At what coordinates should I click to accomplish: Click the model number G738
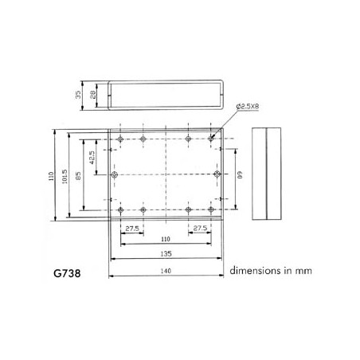coord(67,273)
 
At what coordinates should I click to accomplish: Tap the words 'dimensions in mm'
coord(271,271)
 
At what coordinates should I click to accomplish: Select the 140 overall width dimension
coord(166,271)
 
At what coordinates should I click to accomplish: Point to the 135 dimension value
coord(166,254)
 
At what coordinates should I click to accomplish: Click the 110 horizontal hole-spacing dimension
coord(166,239)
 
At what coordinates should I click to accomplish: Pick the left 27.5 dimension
coord(132,229)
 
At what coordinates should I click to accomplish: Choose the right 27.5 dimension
coord(200,228)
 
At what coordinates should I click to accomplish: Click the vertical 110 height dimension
coord(51,176)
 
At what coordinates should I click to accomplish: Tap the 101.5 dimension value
coord(65,177)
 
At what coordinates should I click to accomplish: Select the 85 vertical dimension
coord(78,176)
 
